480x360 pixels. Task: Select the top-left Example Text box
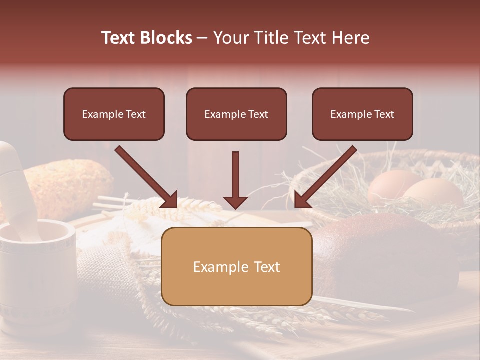coord(114,114)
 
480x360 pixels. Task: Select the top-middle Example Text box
coord(236,114)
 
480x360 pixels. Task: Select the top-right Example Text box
coord(362,114)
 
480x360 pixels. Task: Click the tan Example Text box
coord(236,266)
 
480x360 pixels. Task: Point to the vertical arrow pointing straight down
coord(235,180)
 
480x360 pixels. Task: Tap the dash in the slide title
coord(202,38)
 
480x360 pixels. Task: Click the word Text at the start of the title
coord(119,38)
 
